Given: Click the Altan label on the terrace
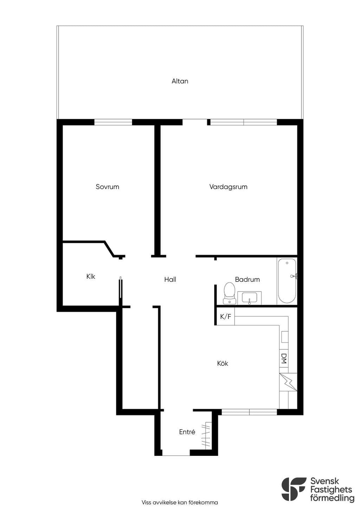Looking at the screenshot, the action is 180,81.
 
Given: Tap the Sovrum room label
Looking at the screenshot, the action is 107,187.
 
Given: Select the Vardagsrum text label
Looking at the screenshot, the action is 228,187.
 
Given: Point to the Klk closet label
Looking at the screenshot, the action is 91,276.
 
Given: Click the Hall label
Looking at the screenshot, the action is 170,279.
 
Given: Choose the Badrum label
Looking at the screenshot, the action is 247,279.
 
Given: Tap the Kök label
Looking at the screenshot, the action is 223,363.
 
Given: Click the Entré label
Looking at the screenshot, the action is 187,432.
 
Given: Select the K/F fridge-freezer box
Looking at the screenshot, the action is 225,316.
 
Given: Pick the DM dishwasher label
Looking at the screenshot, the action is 283,358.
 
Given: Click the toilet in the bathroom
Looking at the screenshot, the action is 229,293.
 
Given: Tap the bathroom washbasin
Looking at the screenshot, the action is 249,298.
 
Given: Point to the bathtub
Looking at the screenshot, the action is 287,281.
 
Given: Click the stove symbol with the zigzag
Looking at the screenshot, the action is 288,382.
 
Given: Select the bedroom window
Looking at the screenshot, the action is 113,122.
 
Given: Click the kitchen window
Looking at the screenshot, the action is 249,412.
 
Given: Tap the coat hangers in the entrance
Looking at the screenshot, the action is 206,435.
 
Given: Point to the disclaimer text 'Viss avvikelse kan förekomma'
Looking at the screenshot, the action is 180,502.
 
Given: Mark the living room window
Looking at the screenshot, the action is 244,122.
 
